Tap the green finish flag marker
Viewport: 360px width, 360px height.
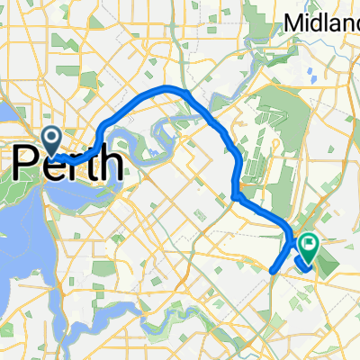(x=310, y=244)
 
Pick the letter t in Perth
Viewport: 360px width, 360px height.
(x=90, y=164)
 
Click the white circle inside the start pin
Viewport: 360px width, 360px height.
(x=51, y=137)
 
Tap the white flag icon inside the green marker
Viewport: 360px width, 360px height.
(x=310, y=241)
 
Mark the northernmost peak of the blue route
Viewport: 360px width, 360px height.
(x=171, y=87)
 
